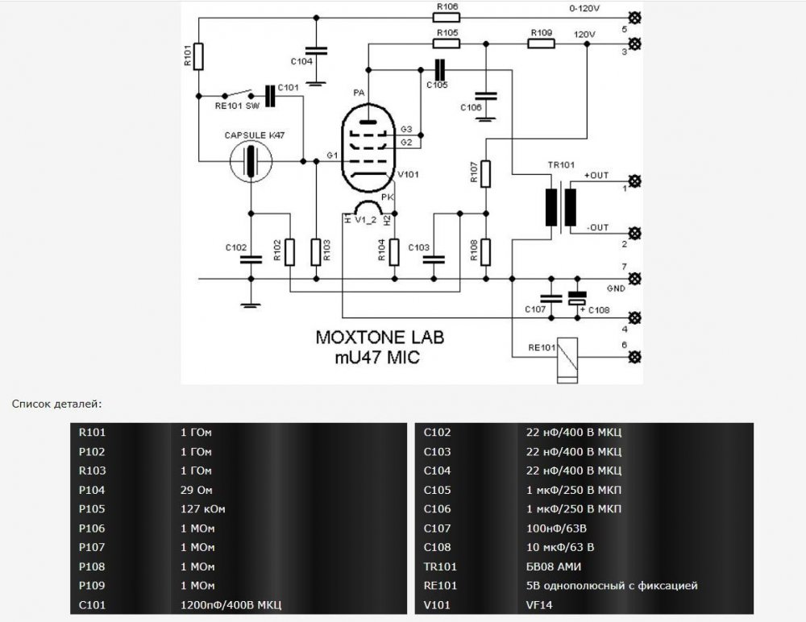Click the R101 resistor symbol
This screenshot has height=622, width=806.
pyautogui.click(x=199, y=56)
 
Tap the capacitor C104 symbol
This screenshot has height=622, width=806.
pyautogui.click(x=318, y=50)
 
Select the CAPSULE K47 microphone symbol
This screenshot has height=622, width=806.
pyautogui.click(x=250, y=160)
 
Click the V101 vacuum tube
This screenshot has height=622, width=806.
pyautogui.click(x=368, y=149)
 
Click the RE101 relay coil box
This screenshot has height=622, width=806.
pyautogui.click(x=570, y=356)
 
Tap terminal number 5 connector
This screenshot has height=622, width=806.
pyautogui.click(x=635, y=17)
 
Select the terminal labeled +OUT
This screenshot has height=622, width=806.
pyautogui.click(x=635, y=181)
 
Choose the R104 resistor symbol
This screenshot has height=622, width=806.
pyautogui.click(x=393, y=251)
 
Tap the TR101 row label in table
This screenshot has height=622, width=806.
pyautogui.click(x=440, y=565)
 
